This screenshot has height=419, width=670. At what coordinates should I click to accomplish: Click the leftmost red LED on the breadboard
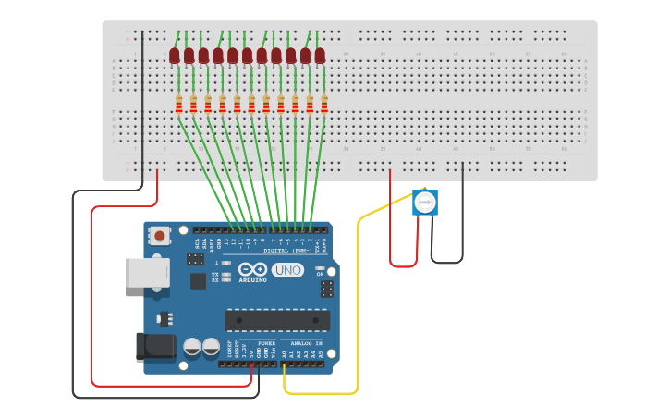pos(175,56)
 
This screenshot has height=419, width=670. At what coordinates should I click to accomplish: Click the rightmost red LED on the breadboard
pos(320,56)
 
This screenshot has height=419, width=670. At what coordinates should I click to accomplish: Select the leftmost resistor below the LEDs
pos(178,105)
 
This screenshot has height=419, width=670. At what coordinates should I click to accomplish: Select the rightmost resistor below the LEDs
pos(324,105)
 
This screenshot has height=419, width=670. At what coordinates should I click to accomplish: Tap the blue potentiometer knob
pos(424,203)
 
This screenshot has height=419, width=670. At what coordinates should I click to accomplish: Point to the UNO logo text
pos(287,270)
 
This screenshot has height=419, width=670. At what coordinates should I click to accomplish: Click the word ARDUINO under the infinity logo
pos(252,280)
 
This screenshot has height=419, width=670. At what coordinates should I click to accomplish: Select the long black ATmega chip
pos(277,320)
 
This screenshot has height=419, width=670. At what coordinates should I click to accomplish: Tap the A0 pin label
pos(284,353)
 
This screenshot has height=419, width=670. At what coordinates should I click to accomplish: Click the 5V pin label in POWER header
pos(250,353)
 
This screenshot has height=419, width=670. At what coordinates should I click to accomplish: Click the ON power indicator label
pos(321,274)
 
